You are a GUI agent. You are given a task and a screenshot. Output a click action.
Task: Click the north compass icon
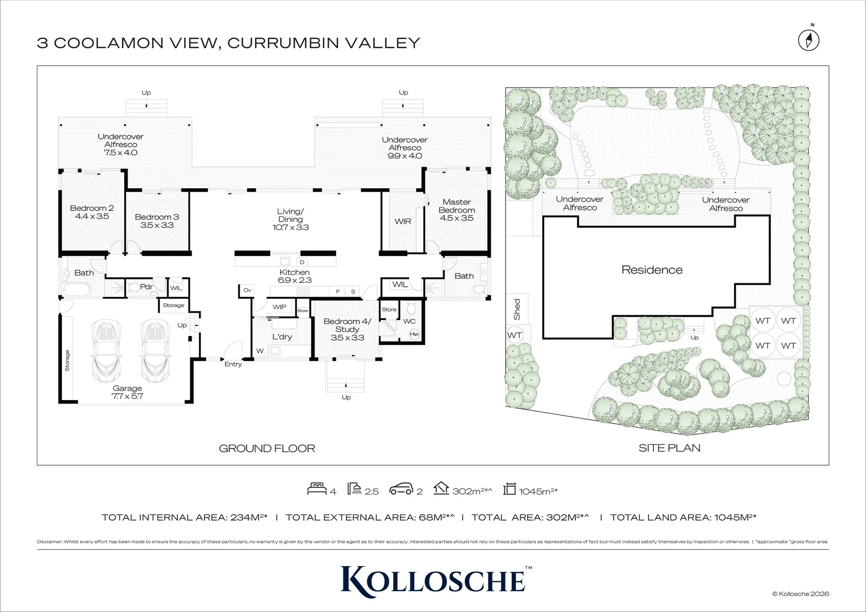coord(809,40)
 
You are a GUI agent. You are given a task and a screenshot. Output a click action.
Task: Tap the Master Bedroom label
coord(456,210)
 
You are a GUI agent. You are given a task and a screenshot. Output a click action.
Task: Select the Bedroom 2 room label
coord(89,212)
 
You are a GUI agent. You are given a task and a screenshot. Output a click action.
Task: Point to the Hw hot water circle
coord(414,334)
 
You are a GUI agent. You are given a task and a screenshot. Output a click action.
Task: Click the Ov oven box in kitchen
coord(247,291)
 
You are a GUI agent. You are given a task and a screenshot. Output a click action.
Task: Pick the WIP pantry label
coord(279,307)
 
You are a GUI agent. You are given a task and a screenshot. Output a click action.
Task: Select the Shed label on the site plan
coord(516,309)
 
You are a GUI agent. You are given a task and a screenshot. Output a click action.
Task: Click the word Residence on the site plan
coord(652,270)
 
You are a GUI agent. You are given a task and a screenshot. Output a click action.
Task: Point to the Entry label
coord(233,364)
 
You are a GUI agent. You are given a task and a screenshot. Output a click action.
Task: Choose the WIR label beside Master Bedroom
coord(403,222)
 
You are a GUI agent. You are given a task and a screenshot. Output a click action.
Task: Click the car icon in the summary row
coord(401,490)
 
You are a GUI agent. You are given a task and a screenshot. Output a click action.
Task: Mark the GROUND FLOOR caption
coord(267,448)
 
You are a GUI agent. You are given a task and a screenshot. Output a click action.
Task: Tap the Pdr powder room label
coord(146,287)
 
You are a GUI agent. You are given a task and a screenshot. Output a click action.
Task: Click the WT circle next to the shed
coord(515,335)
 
